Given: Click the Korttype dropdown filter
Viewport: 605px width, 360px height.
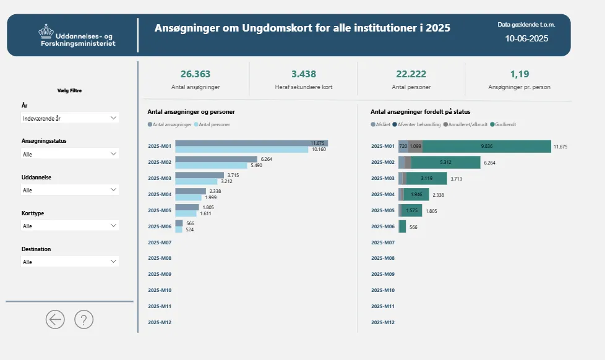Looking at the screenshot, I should (69, 226).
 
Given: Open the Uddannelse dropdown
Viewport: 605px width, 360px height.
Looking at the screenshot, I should (69, 190).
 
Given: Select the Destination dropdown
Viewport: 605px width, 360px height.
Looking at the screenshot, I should (69, 262).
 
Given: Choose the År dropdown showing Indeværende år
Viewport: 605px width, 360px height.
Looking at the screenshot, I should (69, 118).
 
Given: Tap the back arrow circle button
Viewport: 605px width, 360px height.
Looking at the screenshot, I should (55, 319).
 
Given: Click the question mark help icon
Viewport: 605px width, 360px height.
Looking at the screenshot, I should (84, 319).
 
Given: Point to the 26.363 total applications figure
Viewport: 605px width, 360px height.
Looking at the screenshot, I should (195, 74).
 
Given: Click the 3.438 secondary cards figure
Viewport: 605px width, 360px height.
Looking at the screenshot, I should (303, 74).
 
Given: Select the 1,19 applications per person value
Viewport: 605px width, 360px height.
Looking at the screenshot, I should (520, 74).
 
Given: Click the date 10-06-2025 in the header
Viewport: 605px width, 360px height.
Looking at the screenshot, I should (526, 38).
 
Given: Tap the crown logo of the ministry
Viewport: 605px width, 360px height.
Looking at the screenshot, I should (46, 30).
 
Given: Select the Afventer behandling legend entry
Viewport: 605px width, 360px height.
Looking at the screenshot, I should (416, 124).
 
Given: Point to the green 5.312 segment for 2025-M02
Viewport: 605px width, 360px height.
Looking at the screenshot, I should (445, 163).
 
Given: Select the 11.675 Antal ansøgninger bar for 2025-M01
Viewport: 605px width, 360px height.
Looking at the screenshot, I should (247, 143).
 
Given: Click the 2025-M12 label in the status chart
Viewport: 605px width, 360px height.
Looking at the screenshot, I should (383, 322).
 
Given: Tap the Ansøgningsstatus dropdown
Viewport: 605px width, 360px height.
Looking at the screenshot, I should (69, 153).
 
